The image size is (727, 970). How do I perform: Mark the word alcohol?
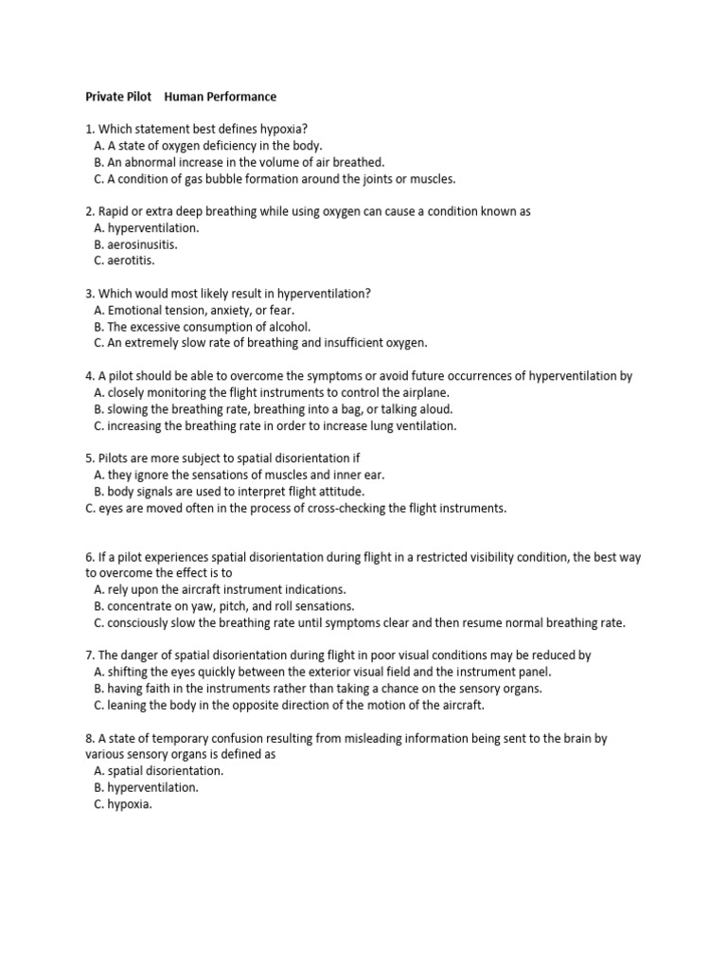click(288, 327)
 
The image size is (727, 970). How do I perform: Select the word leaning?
click(131, 705)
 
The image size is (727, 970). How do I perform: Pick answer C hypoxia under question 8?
click(130, 803)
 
